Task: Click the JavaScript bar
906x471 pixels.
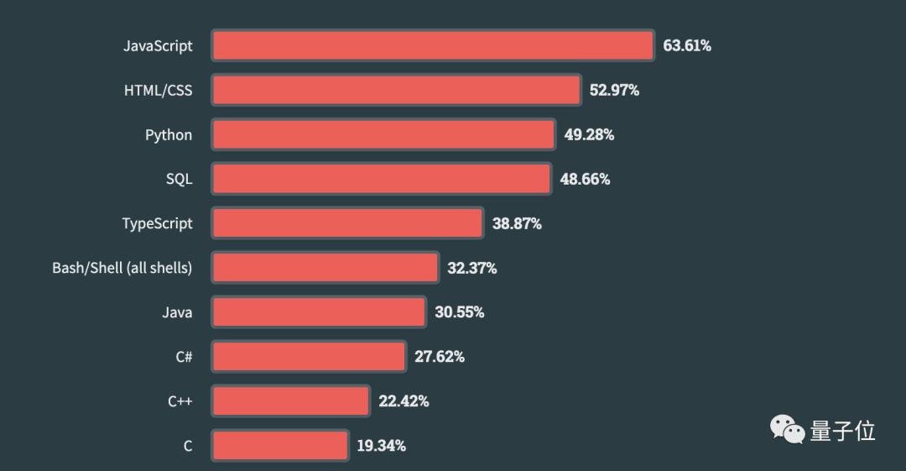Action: [432, 45]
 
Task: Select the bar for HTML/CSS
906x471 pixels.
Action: [396, 90]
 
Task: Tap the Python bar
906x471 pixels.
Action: [383, 134]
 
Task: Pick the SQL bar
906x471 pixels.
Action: [381, 179]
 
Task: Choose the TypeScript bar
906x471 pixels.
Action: [347, 223]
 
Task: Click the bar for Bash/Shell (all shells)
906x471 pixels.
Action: [325, 268]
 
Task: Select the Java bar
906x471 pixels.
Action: [318, 312]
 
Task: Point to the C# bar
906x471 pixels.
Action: [308, 357]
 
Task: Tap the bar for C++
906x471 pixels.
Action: [290, 401]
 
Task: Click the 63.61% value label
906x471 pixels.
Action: [687, 45]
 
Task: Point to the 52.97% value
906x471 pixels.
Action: [614, 90]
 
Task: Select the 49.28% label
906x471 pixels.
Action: [589, 134]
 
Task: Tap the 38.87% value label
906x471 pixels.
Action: [517, 223]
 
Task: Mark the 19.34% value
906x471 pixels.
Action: [381, 446]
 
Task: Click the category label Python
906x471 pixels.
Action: [169, 134]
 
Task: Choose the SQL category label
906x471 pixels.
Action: [179, 179]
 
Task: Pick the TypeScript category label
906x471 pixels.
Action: [157, 223]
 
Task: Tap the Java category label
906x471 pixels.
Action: [177, 312]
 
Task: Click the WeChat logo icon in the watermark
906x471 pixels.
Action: [788, 431]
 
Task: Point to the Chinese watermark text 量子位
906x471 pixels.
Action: [842, 432]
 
